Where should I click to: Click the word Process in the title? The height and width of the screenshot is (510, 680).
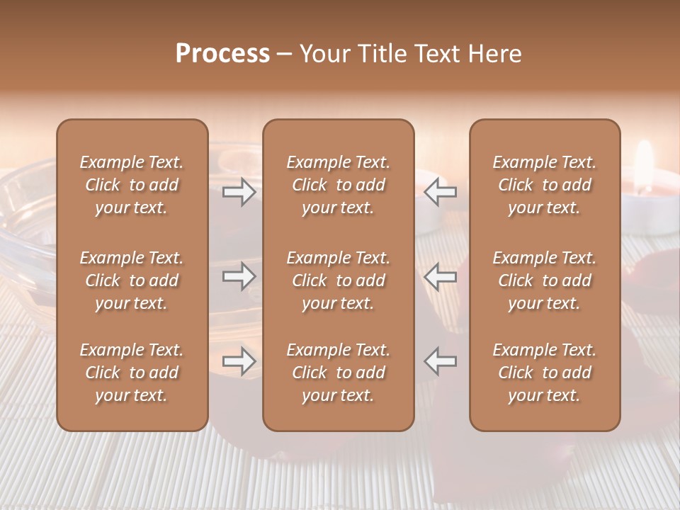222,54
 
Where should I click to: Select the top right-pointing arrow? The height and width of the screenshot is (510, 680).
239,191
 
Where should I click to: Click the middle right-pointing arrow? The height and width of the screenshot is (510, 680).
239,276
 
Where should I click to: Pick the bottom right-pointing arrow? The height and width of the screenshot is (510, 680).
239,361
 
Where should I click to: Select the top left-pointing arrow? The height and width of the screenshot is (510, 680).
440,191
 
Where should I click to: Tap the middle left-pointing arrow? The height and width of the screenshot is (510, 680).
440,276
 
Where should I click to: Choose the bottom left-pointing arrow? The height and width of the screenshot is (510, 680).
440,361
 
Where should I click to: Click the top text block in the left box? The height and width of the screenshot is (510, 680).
132,185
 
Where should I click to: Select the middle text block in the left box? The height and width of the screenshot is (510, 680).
132,280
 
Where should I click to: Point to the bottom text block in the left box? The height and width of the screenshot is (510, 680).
132,373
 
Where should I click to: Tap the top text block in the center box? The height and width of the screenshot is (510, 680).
338,185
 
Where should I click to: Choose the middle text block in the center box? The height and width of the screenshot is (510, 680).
338,280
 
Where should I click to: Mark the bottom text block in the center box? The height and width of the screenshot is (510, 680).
338,373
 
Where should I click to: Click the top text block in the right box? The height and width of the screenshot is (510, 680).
544,185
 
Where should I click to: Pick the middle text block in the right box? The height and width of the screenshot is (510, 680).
544,280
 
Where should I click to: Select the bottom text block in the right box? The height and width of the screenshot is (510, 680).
544,373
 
